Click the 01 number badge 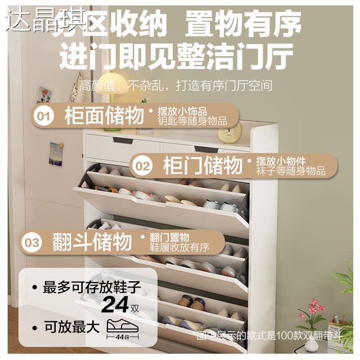point(44,116)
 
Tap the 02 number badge point(143,166)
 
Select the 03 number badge point(32,242)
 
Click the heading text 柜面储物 point(103,116)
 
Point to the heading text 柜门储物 point(202,166)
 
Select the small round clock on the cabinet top point(231,132)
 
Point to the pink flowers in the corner point(313,309)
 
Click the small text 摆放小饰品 point(182,111)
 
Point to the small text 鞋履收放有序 point(179,247)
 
